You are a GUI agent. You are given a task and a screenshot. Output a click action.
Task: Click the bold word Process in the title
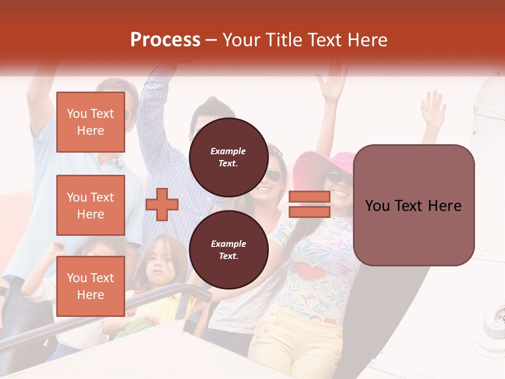165,39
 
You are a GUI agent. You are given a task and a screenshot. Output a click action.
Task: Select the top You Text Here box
90,122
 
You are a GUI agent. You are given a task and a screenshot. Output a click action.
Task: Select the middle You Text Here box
90,205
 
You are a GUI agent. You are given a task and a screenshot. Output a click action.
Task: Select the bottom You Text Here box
90,286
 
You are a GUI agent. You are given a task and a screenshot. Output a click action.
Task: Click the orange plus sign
162,204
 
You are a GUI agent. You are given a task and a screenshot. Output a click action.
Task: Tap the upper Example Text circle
228,157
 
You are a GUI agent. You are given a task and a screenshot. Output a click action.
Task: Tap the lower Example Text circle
228,250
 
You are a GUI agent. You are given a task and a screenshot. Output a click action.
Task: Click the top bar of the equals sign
309,196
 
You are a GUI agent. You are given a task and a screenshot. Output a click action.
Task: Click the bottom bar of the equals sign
309,212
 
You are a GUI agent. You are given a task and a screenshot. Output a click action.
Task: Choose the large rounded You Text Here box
413,205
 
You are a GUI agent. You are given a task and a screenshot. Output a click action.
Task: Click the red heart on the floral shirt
308,272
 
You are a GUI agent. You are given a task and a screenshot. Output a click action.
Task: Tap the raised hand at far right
433,109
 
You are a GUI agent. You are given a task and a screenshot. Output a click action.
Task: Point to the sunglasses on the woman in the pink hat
337,178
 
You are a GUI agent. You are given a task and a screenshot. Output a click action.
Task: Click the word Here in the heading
369,40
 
